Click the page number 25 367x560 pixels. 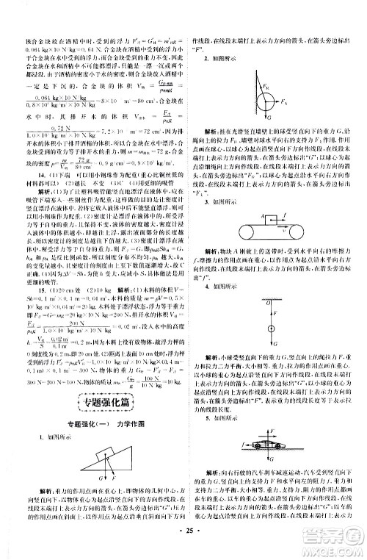[x=183, y=547]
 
